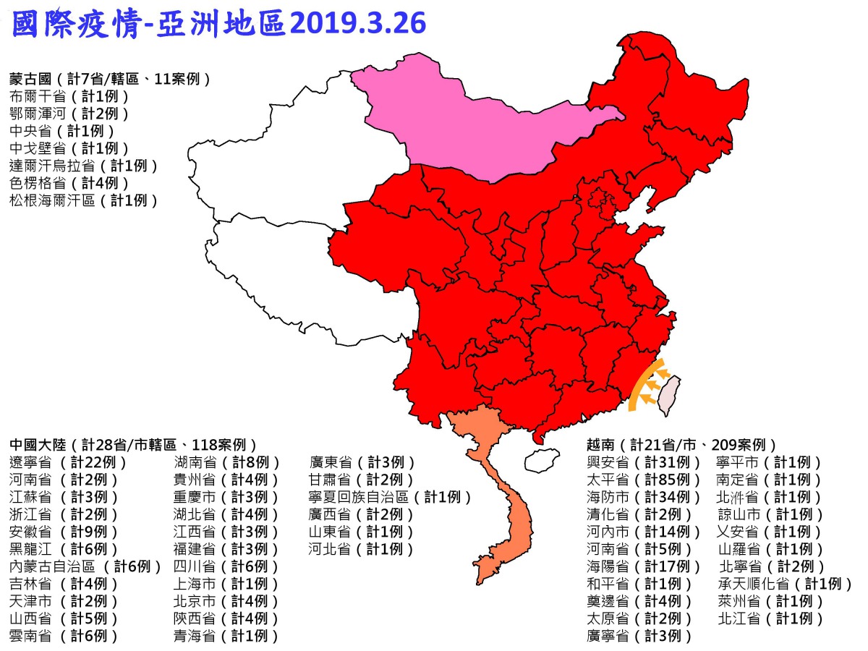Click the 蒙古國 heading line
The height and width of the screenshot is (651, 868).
coord(109,78)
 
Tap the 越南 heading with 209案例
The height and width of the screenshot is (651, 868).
coord(681,444)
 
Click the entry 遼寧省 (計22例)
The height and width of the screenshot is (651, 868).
coord(68,462)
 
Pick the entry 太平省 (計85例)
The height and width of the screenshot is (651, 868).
coord(643,480)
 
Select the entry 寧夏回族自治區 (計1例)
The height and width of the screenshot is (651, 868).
coord(390,497)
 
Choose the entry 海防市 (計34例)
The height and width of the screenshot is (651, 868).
coord(643,497)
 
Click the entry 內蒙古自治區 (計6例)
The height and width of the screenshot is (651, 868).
coord(86,566)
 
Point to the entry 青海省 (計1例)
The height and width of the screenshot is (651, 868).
coord(226,636)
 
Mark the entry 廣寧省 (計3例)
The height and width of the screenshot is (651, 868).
coord(639,636)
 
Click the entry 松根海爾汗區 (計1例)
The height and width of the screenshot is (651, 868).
coord(83,200)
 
